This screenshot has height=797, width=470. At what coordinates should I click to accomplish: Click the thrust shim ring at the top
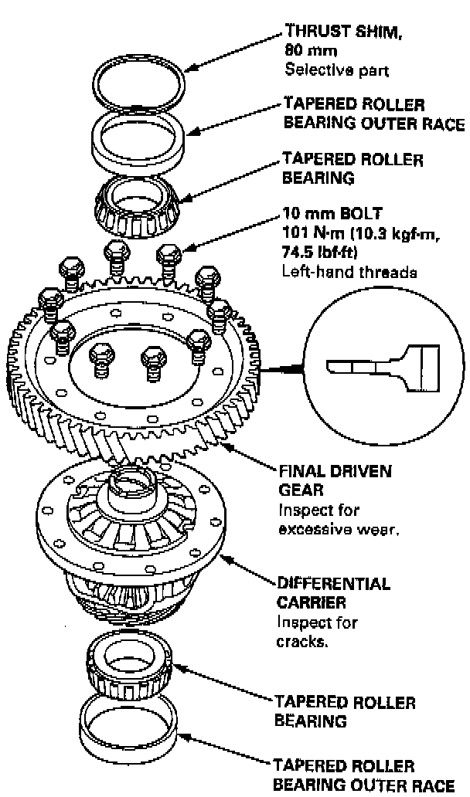[x=140, y=62]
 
